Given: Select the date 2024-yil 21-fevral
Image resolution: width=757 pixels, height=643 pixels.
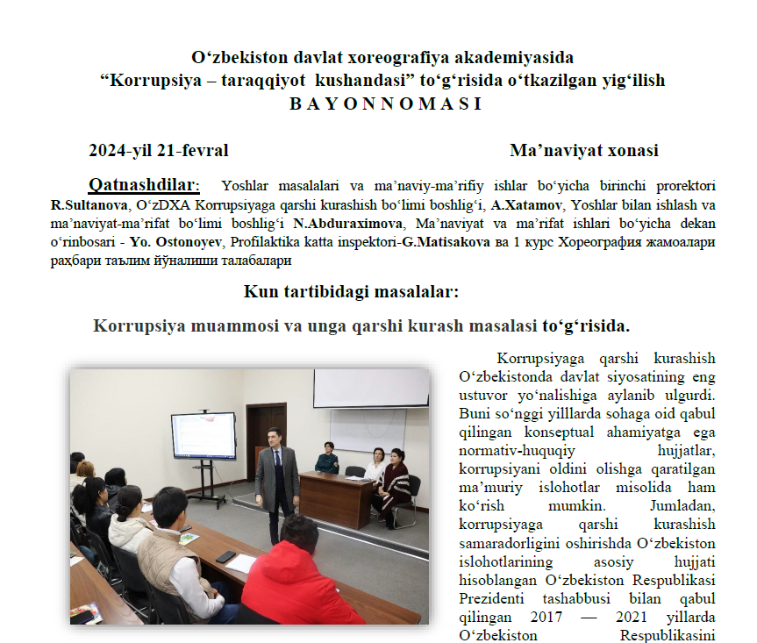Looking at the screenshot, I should pyautogui.click(x=158, y=151).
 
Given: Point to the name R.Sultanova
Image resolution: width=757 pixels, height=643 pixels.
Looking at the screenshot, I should pyautogui.click(x=87, y=205).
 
